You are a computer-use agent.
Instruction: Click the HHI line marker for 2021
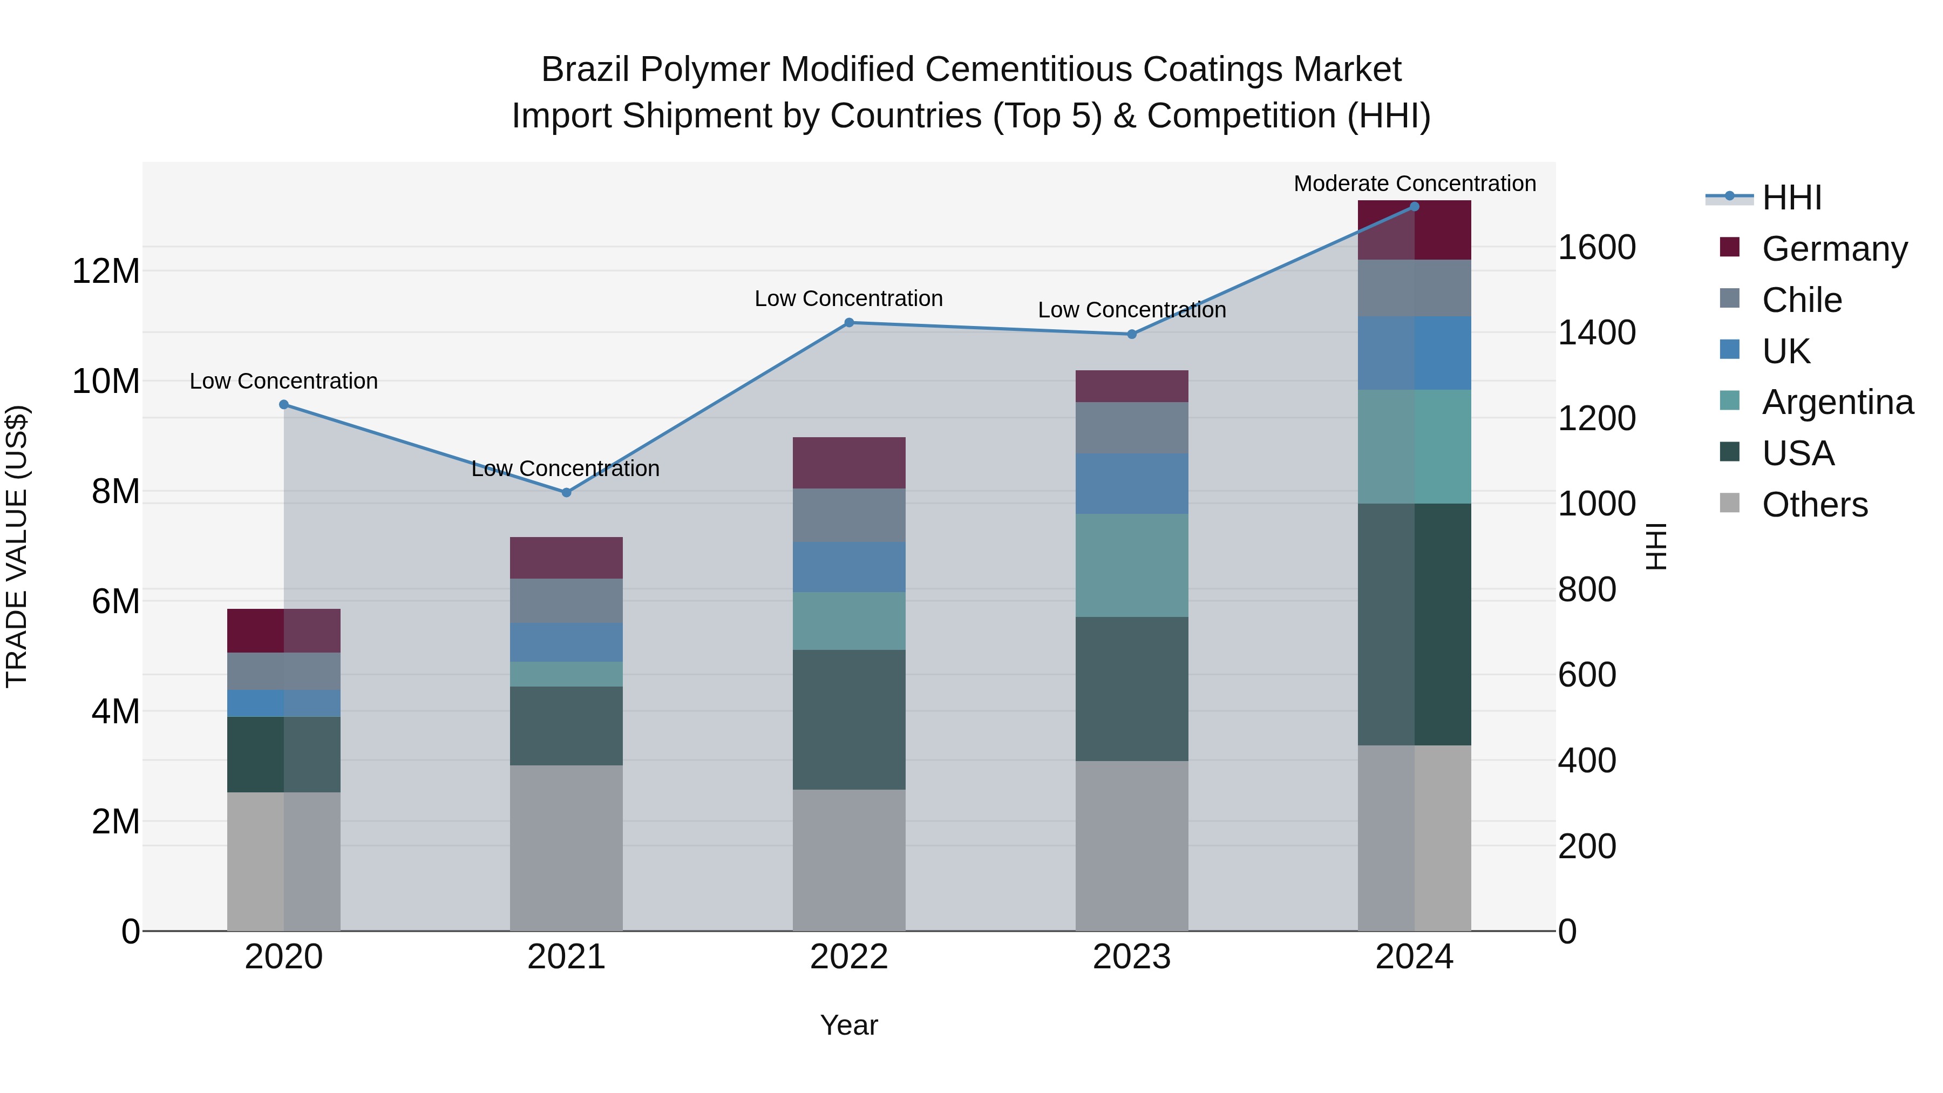567,493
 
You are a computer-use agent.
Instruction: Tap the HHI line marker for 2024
1414,207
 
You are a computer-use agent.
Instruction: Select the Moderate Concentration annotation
1414,184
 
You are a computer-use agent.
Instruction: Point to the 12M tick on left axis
106,271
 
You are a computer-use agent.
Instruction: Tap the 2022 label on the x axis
848,957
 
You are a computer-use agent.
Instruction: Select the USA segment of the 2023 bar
1131,689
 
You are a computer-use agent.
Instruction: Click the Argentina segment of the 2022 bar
848,621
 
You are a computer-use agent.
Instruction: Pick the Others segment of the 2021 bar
567,848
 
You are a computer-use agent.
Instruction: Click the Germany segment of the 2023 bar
1131,386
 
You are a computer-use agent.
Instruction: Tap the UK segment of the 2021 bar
567,642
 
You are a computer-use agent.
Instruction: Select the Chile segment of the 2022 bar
848,515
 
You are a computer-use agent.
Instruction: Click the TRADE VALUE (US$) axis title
17,546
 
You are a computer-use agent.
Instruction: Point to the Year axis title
848,1025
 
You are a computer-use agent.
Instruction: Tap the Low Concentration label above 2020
283,381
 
